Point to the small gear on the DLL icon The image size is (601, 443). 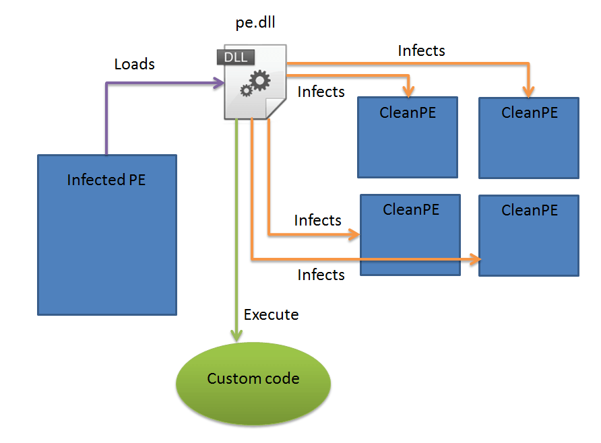click(246, 90)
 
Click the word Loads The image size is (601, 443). click(135, 65)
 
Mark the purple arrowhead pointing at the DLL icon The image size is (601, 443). click(219, 83)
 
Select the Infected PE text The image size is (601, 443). click(106, 180)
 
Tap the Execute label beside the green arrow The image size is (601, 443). click(271, 315)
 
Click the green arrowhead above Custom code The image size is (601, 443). click(236, 335)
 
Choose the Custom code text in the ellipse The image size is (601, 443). click(253, 379)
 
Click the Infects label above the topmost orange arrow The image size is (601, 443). click(422, 50)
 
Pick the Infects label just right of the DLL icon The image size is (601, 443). click(321, 92)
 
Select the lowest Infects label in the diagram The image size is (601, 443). click(321, 275)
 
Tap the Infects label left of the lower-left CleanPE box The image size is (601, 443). click(318, 221)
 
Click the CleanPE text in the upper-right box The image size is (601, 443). click(530, 113)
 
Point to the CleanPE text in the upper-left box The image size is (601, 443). click(408, 113)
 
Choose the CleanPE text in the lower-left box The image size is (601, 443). click(411, 209)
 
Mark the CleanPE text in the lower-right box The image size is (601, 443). click(530, 211)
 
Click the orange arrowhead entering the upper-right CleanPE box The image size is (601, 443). click(530, 91)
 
